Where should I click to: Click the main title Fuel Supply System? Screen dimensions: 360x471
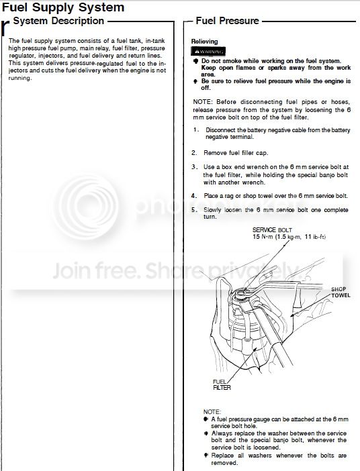pyautogui.click(x=63, y=7)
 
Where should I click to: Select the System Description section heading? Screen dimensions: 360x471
pyautogui.click(x=58, y=21)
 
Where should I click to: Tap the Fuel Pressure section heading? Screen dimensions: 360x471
pyautogui.click(x=228, y=21)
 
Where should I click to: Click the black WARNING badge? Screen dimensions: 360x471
pyautogui.click(x=208, y=52)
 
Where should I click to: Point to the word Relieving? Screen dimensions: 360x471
pyautogui.click(x=204, y=42)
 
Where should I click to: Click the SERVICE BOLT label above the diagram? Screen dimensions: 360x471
pyautogui.click(x=272, y=230)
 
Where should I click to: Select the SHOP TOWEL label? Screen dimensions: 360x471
pyautogui.click(x=341, y=293)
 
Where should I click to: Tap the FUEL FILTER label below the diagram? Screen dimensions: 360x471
pyautogui.click(x=222, y=385)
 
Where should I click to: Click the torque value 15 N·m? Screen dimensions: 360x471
pyautogui.click(x=263, y=237)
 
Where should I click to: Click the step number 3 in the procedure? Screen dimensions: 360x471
pyautogui.click(x=195, y=167)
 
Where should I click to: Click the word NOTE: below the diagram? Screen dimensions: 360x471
pyautogui.click(x=212, y=411)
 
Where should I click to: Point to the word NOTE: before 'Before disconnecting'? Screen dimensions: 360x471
pyautogui.click(x=203, y=102)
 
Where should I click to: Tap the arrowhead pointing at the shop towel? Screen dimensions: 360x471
pyautogui.click(x=291, y=315)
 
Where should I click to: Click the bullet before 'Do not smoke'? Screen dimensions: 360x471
pyautogui.click(x=195, y=61)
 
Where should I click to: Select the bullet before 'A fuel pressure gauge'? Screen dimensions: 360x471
pyautogui.click(x=206, y=419)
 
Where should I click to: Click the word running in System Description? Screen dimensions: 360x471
pyautogui.click(x=20, y=78)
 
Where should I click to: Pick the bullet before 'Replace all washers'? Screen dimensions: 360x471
pyautogui.click(x=206, y=456)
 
